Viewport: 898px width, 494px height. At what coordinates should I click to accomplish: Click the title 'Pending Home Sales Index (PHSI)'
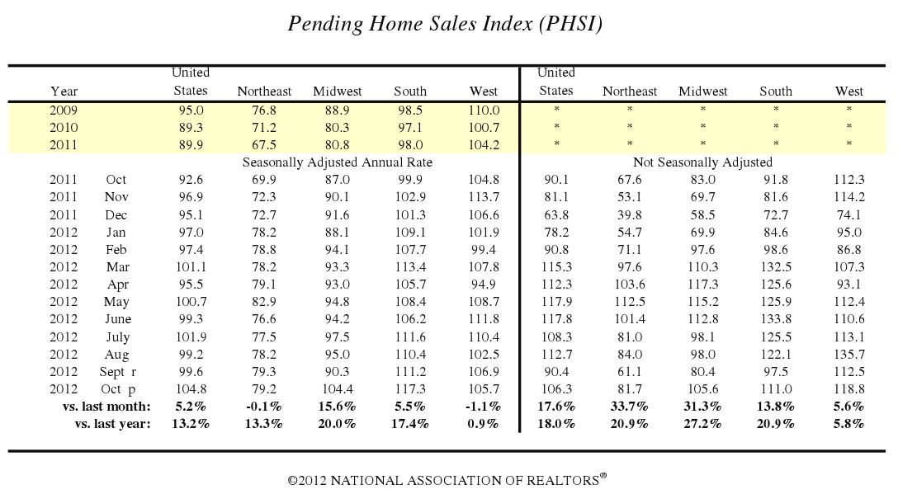[x=445, y=24]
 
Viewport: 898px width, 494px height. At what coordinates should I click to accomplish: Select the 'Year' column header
[x=64, y=92]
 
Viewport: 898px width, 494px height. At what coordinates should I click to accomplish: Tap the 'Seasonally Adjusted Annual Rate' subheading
[x=338, y=162]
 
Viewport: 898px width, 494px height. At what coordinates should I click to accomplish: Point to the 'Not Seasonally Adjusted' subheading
[x=702, y=162]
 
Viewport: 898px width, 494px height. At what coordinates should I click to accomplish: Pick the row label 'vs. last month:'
[x=106, y=406]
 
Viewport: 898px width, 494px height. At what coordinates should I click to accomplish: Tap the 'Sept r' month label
[x=117, y=371]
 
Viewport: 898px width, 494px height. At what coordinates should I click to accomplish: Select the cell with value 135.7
[x=848, y=354]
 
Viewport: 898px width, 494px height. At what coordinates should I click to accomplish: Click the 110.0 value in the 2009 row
[x=484, y=110]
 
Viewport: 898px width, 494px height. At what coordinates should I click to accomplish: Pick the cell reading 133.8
[x=775, y=319]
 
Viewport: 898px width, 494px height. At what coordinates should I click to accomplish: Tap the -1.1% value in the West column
[x=483, y=406]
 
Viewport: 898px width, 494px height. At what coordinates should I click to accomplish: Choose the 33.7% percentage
[x=630, y=406]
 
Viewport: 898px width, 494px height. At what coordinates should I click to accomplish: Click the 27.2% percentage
[x=703, y=423]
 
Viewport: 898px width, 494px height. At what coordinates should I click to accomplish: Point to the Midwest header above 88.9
[x=337, y=92]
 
